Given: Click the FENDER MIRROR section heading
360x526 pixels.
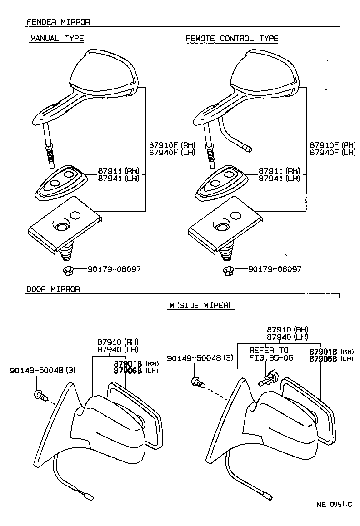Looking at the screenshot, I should pos(58,22).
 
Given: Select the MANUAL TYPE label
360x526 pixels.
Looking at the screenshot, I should pos(56,39).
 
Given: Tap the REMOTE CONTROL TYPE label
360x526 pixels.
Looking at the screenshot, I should pos(231,39).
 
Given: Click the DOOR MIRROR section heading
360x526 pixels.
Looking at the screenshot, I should pos(53,289).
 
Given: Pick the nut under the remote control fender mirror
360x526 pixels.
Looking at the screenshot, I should pos(229,271).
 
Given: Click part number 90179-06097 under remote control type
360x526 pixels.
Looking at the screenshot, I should pos(275,269).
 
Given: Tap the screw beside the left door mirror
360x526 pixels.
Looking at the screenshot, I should pos(40,395).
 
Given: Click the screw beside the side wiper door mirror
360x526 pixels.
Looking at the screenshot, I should pos(198,382).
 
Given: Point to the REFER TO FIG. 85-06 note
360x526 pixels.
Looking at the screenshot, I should pos(271,354).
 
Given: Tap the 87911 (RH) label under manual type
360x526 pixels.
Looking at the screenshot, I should pos(118,171).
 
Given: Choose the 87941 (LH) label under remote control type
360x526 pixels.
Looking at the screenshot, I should pos(279,179).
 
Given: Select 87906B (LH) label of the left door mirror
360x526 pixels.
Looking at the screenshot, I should pos(135,370).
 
